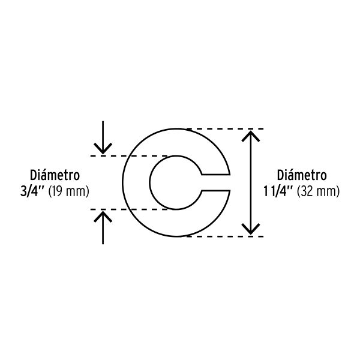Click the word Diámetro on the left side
(x=55, y=175)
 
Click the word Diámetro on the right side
(x=302, y=175)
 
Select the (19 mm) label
(x=68, y=191)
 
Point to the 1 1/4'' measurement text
(x=278, y=191)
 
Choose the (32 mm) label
(x=318, y=191)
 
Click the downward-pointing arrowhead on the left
(x=103, y=149)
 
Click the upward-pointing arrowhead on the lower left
(x=103, y=217)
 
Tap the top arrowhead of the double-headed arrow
(x=251, y=136)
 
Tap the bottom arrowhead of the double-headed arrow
(x=251, y=229)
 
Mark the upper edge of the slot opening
(x=215, y=175)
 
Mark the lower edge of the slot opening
(x=215, y=190)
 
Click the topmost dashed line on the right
(x=225, y=129)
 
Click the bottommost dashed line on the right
(x=225, y=236)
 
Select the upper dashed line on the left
(x=129, y=156)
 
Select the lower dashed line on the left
(x=129, y=209)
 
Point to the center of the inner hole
(x=176, y=182)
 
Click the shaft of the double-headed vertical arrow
(x=251, y=182)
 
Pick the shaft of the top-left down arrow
(x=103, y=137)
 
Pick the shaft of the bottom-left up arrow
(x=103, y=228)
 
